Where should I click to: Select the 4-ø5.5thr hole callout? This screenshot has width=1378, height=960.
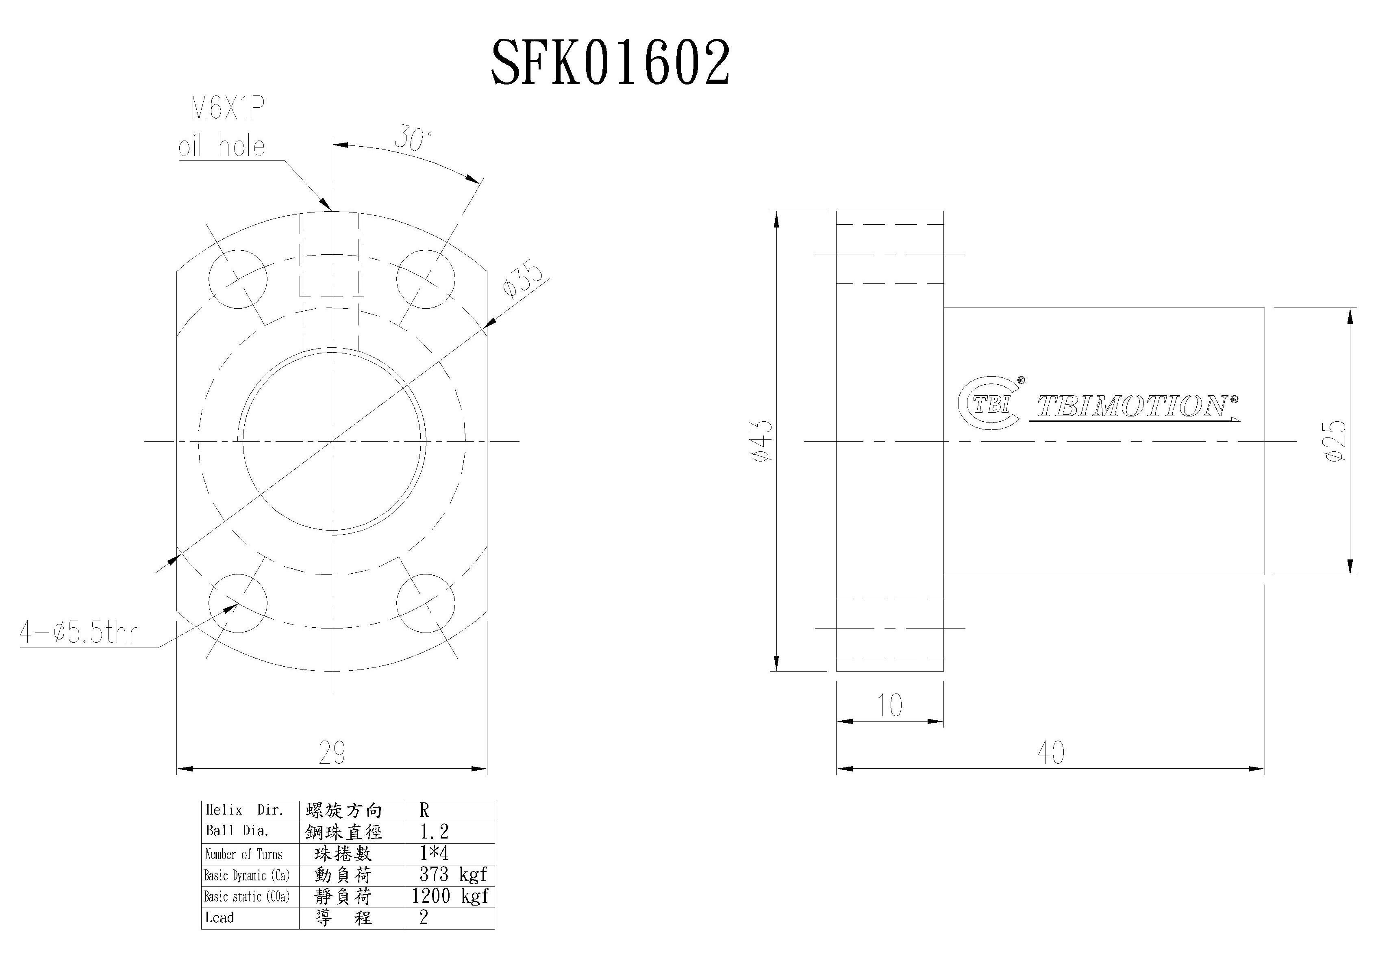tap(78, 633)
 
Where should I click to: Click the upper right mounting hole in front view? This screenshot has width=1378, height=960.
tap(426, 279)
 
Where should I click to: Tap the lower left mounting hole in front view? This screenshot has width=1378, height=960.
tap(238, 602)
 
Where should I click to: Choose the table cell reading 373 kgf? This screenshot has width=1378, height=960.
tap(452, 875)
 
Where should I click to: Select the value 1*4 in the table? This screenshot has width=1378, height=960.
tap(434, 853)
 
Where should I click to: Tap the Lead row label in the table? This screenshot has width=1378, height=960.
tap(220, 917)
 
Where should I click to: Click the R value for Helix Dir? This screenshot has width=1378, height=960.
tap(424, 810)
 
